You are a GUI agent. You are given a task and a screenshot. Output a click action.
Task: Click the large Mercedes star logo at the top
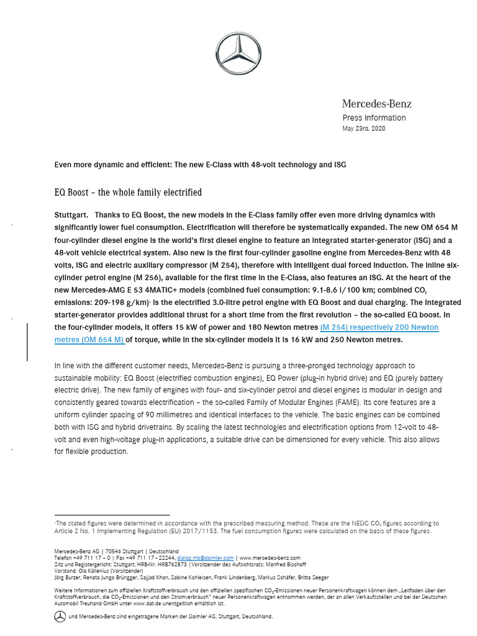tap(238, 55)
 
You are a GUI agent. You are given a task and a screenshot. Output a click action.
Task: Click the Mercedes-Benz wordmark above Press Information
tap(376, 104)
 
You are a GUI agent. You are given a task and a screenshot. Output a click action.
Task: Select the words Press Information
tap(374, 118)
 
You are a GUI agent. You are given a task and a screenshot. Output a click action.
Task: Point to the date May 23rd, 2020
tap(363, 129)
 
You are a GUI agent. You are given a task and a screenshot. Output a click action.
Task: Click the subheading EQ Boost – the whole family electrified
tap(128, 193)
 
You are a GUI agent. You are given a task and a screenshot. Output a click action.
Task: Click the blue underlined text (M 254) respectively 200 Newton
tap(379, 327)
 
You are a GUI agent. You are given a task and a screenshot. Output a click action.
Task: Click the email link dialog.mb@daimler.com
tap(205, 558)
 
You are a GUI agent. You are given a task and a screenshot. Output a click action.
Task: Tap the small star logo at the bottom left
tap(60, 616)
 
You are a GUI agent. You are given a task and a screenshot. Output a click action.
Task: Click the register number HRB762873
tap(171, 564)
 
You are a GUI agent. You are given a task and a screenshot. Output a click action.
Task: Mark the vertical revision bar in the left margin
tap(27, 342)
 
